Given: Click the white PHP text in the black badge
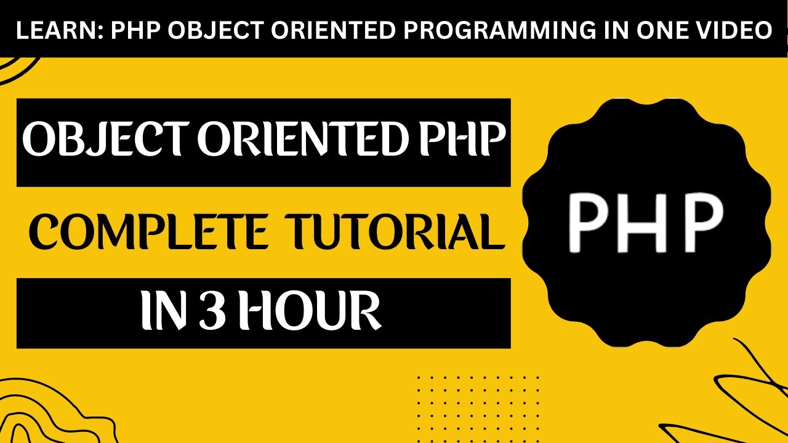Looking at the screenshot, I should point(645,223).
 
